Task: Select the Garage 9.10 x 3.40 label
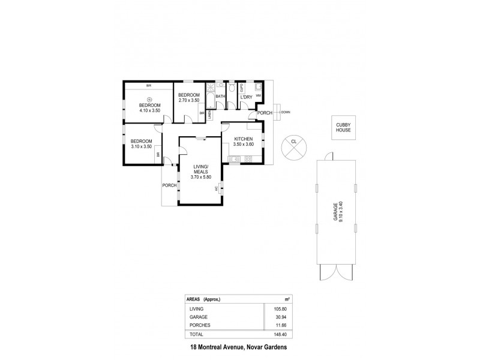tap(340, 212)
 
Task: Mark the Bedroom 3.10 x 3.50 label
tap(142, 144)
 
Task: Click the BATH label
tap(220, 96)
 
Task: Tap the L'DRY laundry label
tap(245, 97)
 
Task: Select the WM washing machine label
tap(259, 95)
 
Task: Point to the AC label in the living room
tap(217, 189)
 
